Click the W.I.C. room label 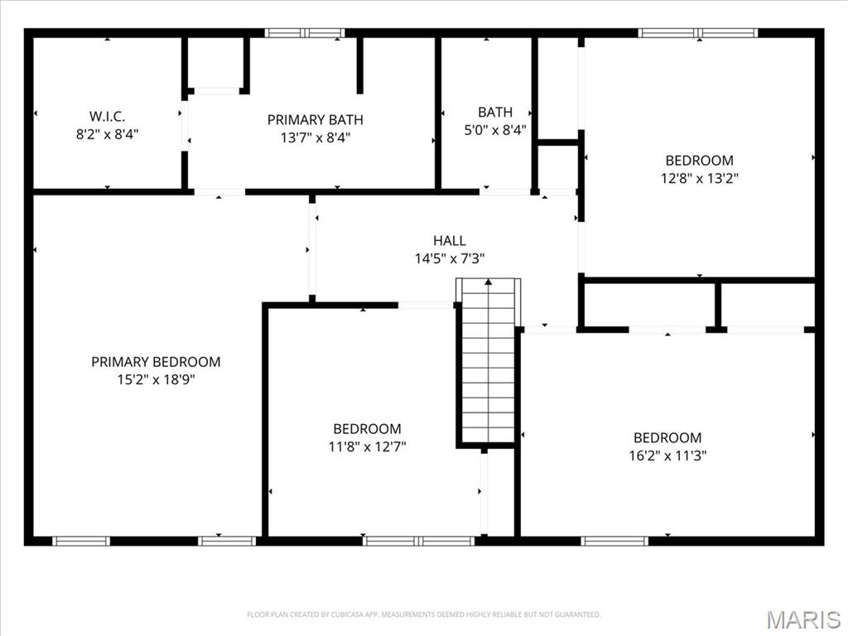click(x=107, y=116)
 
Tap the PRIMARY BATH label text click(x=316, y=119)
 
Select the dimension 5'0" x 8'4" click(x=495, y=130)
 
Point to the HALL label click(x=450, y=241)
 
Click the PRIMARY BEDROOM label click(x=156, y=362)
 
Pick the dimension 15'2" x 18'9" click(x=156, y=379)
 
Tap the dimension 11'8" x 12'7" click(x=367, y=446)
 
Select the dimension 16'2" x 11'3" click(x=667, y=455)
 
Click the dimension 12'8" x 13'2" click(x=699, y=178)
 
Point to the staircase click(x=489, y=361)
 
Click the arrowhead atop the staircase click(x=489, y=282)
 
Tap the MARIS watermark click(x=803, y=619)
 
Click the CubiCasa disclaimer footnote click(x=423, y=614)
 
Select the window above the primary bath click(x=305, y=33)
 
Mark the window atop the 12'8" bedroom click(x=697, y=33)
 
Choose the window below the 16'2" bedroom click(x=614, y=541)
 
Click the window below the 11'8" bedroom click(x=419, y=541)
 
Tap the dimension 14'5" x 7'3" click(x=450, y=258)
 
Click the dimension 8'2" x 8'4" click(x=107, y=133)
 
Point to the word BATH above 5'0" click(x=495, y=112)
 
